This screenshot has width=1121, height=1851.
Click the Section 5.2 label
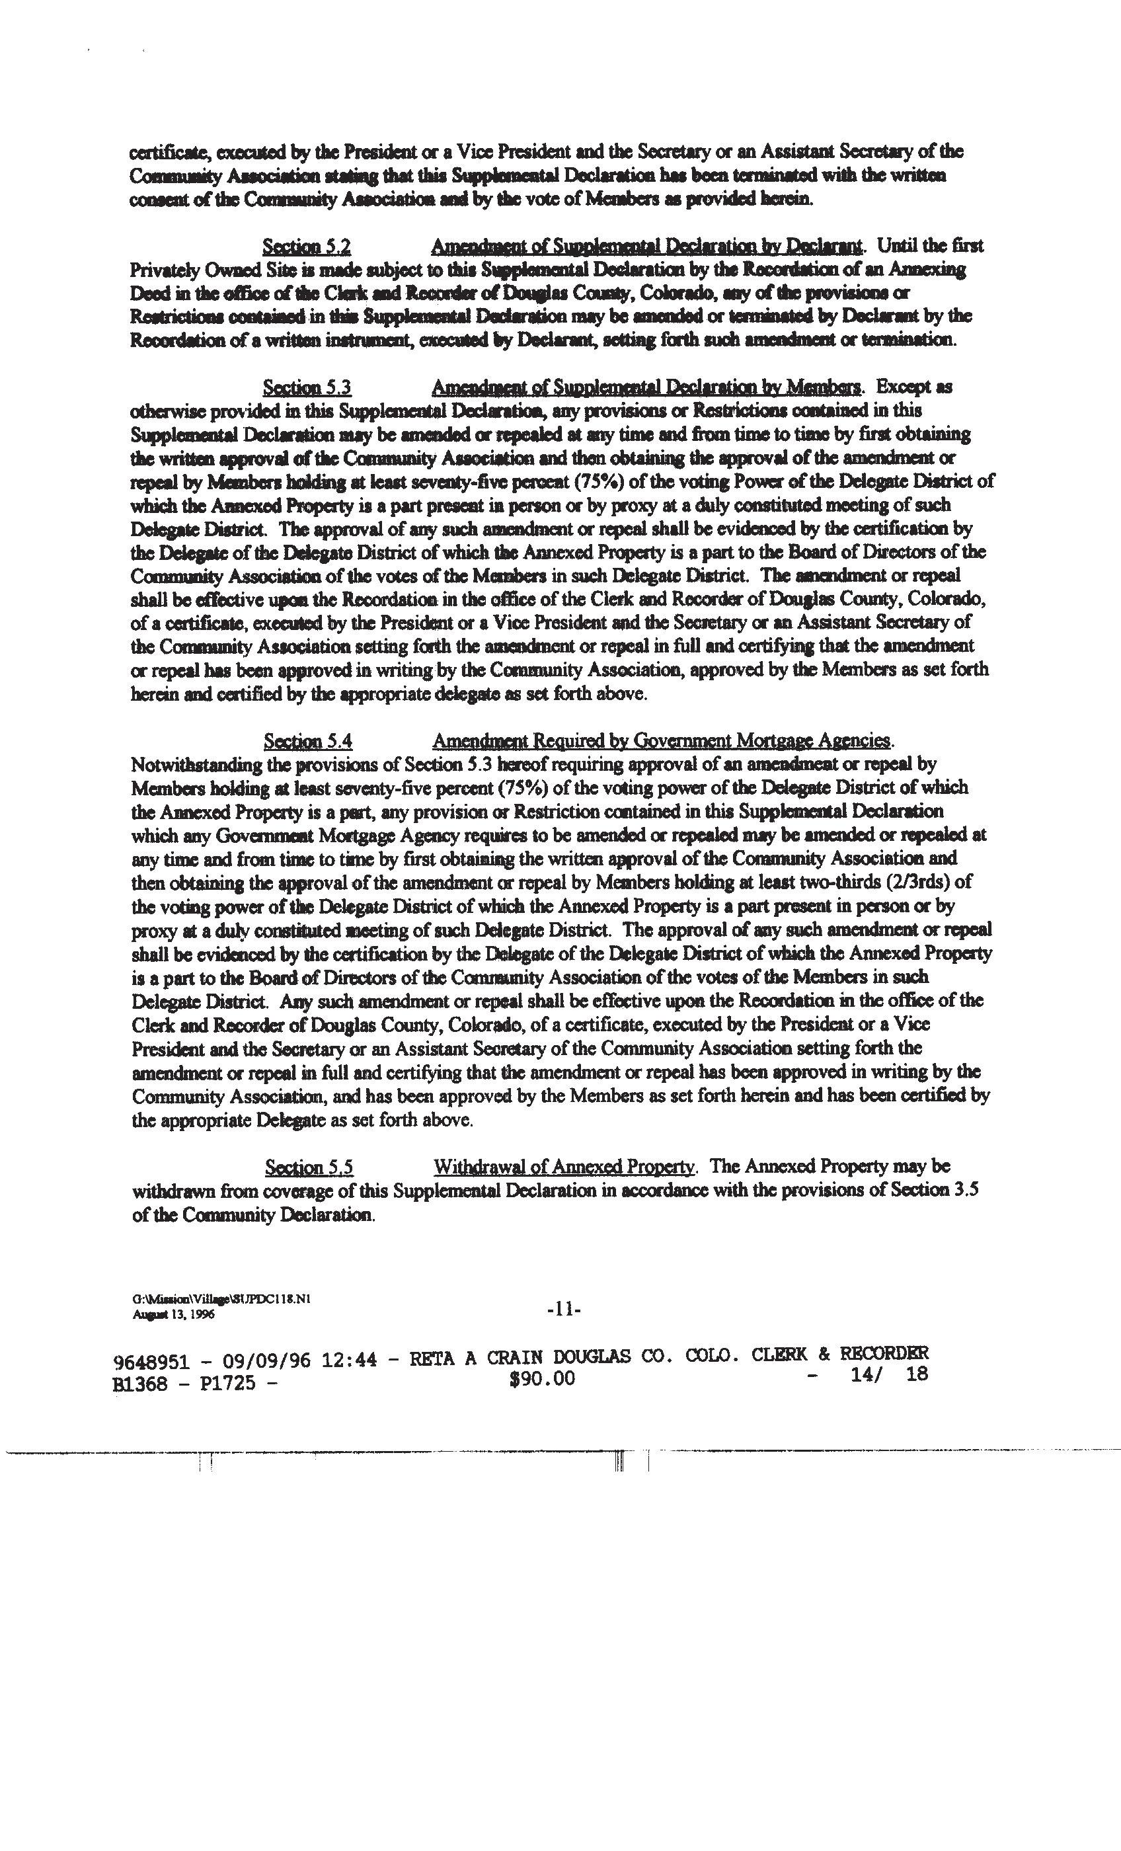pos(307,247)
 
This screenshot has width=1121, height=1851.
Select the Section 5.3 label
pos(307,387)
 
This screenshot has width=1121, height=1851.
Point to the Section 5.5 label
pos(309,1167)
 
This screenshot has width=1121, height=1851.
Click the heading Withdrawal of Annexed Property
pos(565,1167)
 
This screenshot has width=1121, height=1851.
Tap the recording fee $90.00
pos(542,1378)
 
